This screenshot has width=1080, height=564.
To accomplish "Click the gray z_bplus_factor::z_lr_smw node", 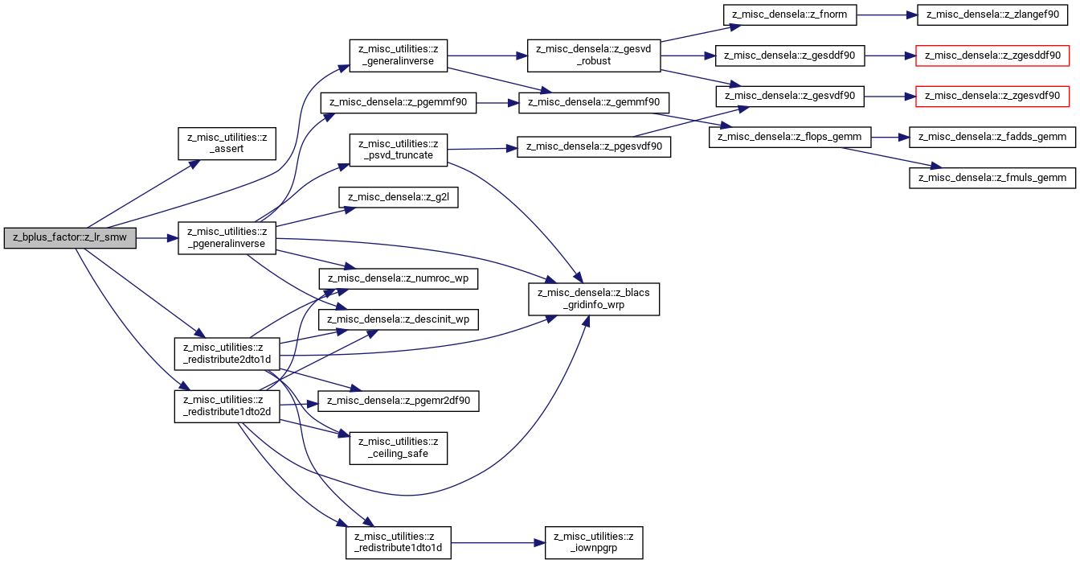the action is tap(70, 238).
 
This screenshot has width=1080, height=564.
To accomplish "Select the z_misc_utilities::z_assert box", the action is tap(227, 143).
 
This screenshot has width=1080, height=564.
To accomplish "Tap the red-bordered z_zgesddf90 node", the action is tap(992, 56).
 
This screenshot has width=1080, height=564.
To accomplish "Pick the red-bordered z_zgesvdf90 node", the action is tap(992, 97).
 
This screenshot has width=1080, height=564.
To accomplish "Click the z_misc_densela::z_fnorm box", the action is tap(790, 15).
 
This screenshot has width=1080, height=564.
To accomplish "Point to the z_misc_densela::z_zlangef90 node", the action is tap(992, 15).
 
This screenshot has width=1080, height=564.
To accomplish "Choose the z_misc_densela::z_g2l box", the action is tap(399, 197).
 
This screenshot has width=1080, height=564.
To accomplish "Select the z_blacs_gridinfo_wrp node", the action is tap(594, 299).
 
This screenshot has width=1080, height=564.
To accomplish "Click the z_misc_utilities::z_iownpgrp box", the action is tap(594, 543).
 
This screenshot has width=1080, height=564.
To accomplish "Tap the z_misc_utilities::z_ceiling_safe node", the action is tap(399, 448).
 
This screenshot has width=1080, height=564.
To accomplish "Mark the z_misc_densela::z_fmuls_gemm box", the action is tap(992, 178).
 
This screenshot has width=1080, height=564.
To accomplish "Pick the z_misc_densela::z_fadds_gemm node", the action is tap(992, 137).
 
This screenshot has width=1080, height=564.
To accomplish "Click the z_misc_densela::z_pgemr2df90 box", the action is tap(399, 401).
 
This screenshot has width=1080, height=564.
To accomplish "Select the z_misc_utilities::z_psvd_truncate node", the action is tap(399, 150).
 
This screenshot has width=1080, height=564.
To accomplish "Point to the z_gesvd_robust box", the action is tap(594, 56).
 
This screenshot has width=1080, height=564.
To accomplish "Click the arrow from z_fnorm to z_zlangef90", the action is tap(886, 15).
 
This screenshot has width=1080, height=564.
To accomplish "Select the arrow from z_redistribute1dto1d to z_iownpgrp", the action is tap(498, 543).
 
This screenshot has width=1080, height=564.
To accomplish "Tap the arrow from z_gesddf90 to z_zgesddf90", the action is tap(890, 56).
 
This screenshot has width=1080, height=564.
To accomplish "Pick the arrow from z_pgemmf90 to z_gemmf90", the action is tap(497, 103).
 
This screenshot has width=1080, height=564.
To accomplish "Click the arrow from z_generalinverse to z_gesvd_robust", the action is tap(488, 56).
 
